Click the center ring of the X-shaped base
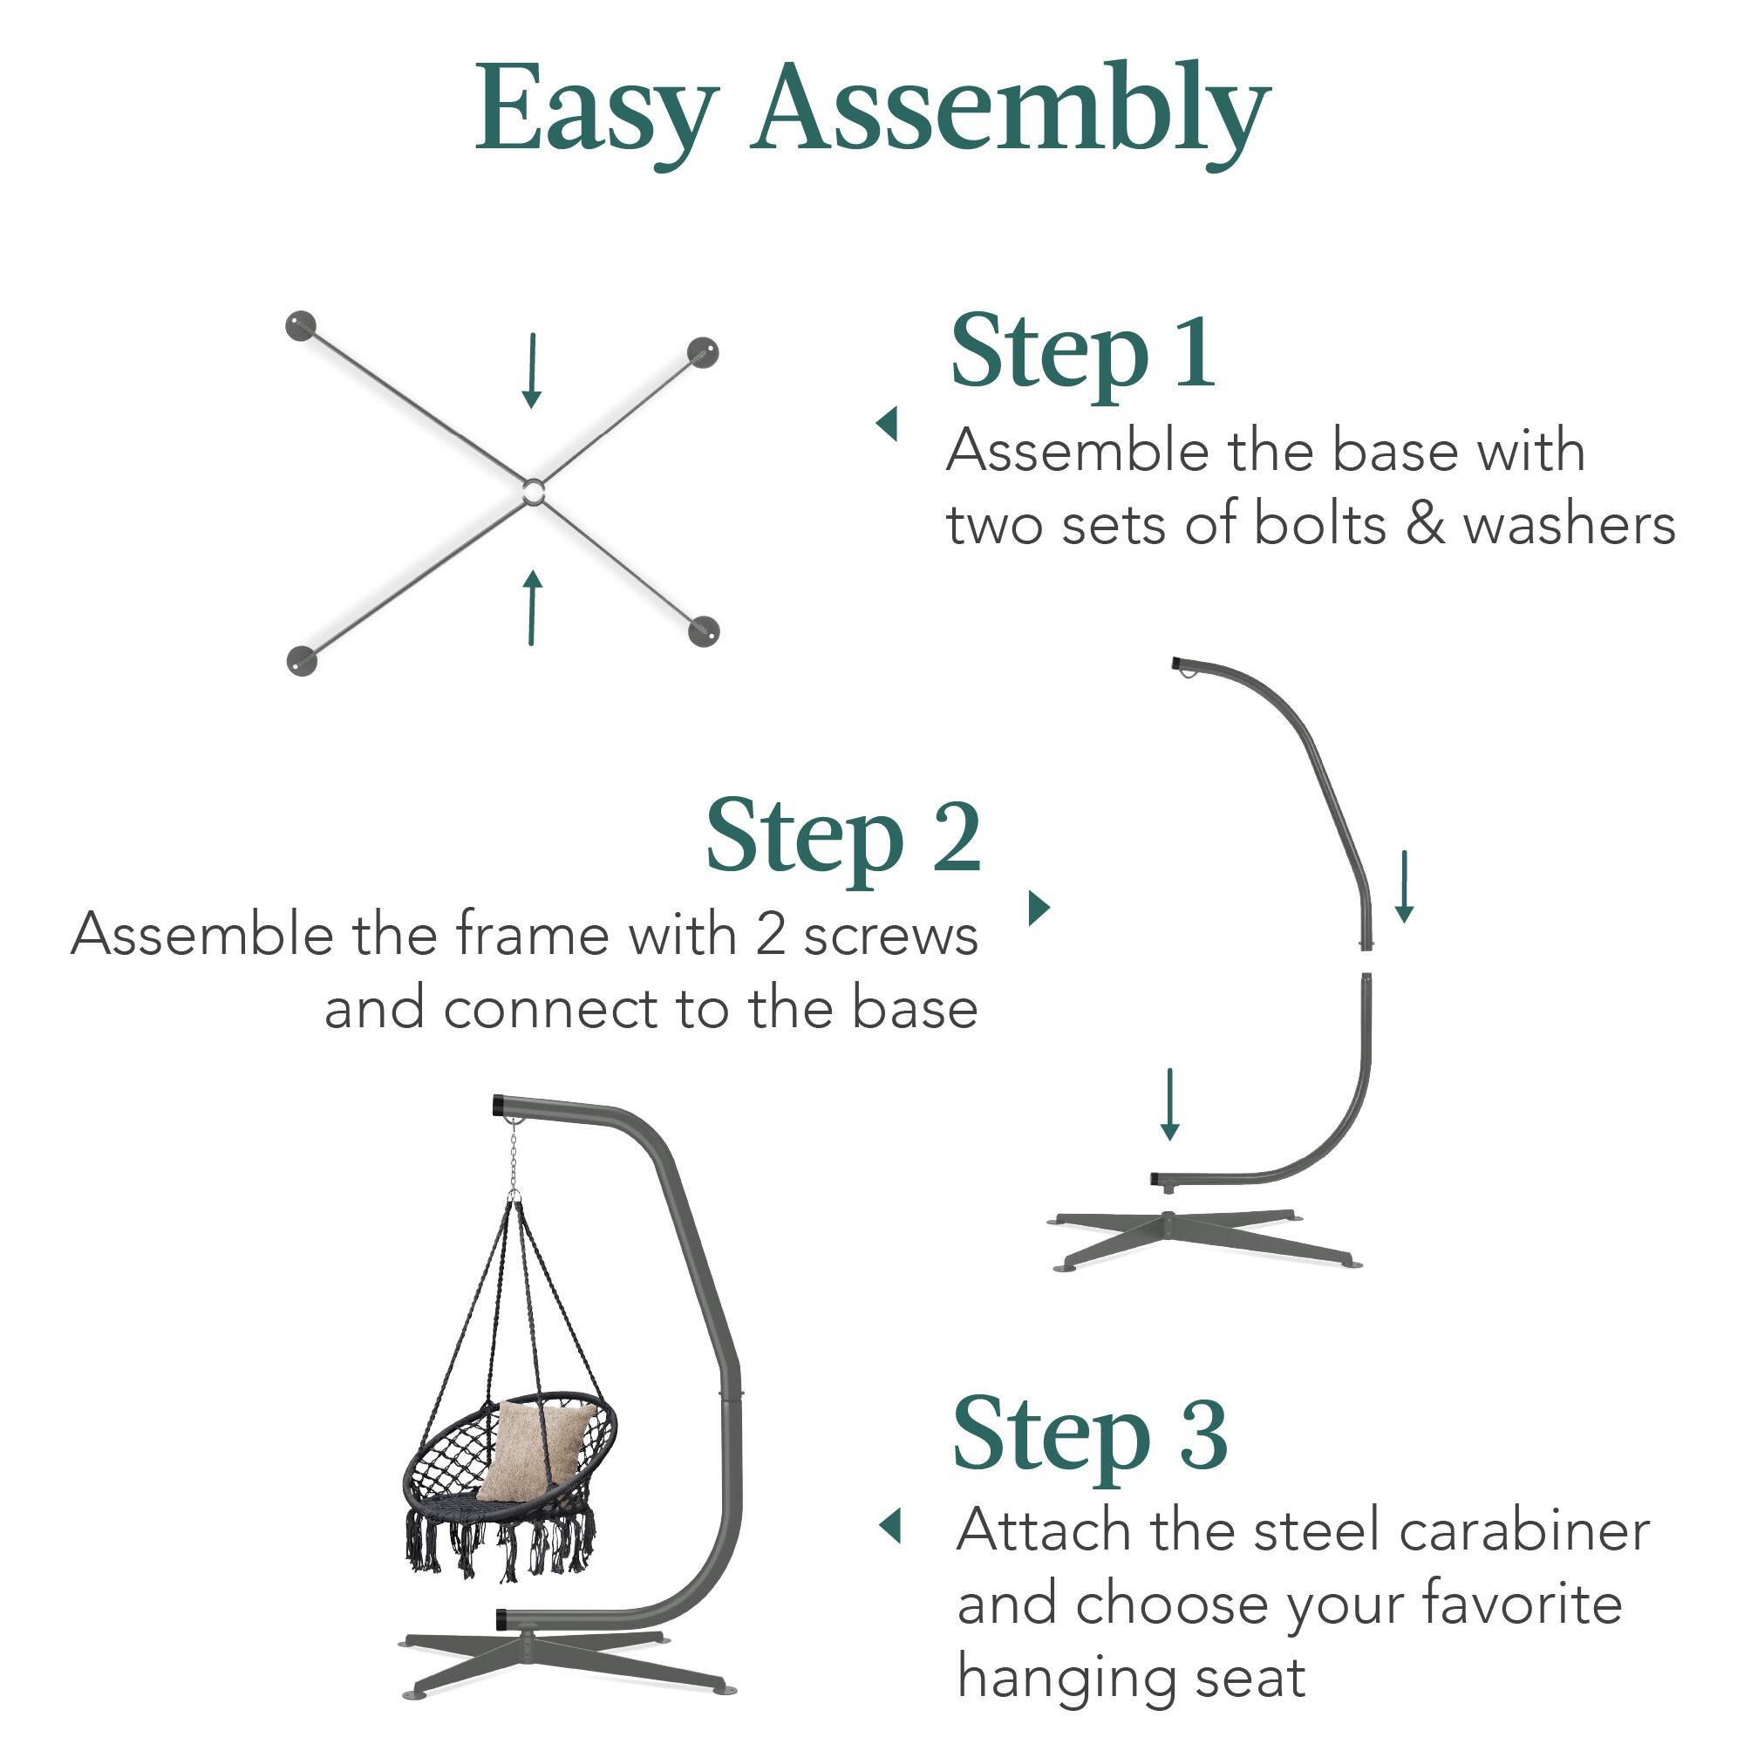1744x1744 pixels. point(533,492)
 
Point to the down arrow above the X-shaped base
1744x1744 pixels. point(532,371)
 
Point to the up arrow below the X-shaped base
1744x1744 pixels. point(534,608)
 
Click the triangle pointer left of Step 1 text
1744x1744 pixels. point(889,424)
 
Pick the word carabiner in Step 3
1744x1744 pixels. point(1524,1531)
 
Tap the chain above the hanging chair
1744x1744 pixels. point(513,1156)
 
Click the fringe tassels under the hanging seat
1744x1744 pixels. point(501,1549)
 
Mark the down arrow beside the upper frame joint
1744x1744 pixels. point(1404,886)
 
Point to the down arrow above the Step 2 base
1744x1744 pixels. point(1170,1104)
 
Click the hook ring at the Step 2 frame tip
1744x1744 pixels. point(1191,670)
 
